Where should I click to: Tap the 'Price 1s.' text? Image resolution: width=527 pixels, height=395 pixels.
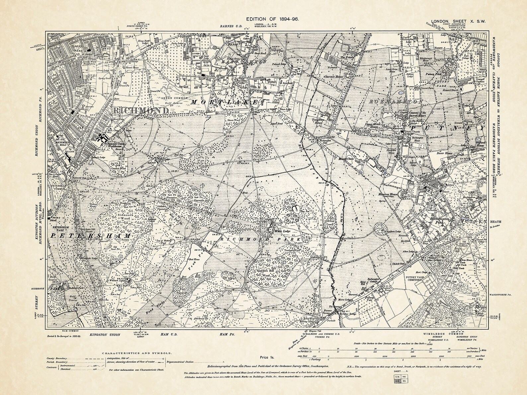pos(266,357)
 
